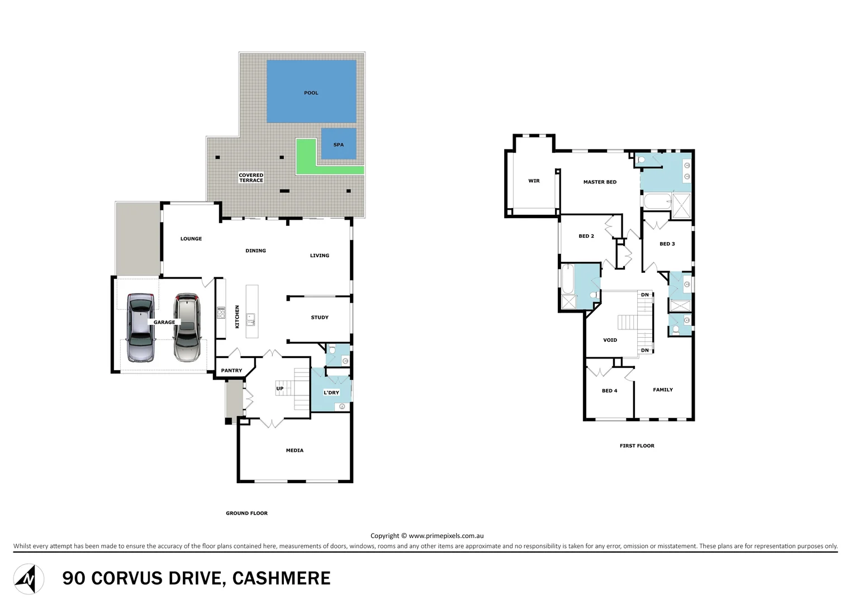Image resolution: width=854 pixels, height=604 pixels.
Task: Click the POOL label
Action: (x=311, y=93)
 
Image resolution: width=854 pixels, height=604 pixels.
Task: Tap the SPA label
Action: (x=338, y=145)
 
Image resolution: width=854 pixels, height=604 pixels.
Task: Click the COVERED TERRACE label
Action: (x=251, y=178)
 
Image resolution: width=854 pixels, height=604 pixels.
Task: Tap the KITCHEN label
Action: (x=237, y=317)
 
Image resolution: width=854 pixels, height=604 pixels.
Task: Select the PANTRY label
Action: (x=231, y=371)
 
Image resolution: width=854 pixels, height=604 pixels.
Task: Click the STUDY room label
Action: (x=320, y=318)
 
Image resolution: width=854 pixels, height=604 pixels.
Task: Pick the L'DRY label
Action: (x=331, y=393)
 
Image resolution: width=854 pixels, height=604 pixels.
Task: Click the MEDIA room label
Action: (x=295, y=451)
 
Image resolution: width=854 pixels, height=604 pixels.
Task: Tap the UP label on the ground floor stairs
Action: (x=279, y=389)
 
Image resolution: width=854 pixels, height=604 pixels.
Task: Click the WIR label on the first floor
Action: (x=534, y=181)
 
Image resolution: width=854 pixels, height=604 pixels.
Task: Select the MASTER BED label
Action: (x=600, y=182)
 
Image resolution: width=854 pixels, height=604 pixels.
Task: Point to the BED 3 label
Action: (x=667, y=244)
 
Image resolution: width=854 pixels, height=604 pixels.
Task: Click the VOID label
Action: (x=610, y=340)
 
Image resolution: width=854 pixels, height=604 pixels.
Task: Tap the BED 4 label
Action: (x=609, y=391)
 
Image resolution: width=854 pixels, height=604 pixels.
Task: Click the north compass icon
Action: (x=29, y=579)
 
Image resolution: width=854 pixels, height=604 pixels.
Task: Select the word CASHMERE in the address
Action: (x=281, y=578)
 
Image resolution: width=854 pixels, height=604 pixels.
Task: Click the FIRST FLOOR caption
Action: (x=637, y=446)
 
